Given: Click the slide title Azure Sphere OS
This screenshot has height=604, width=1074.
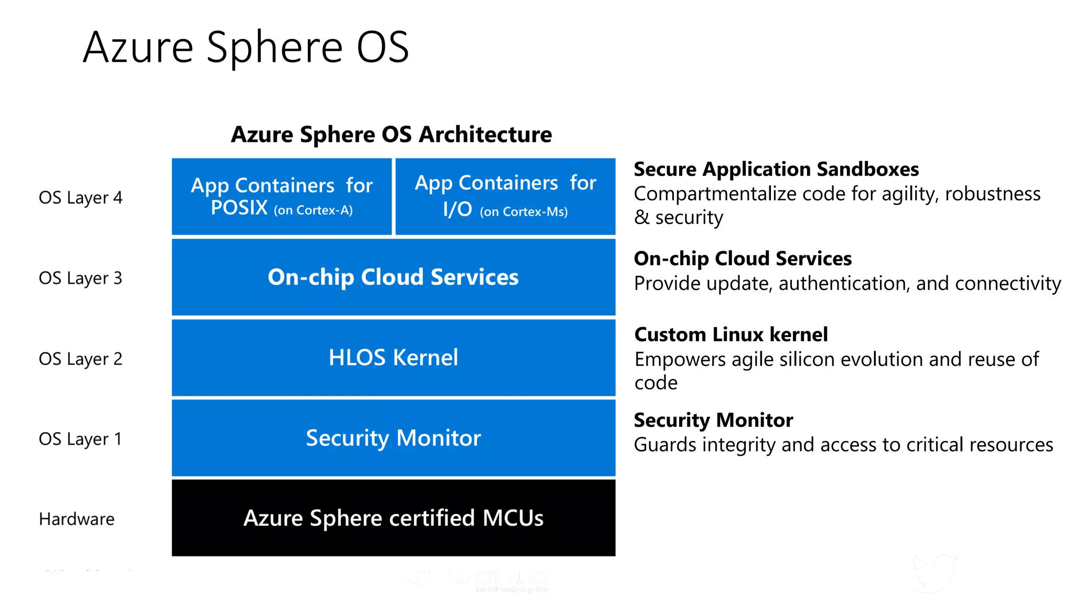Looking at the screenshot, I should [x=245, y=47].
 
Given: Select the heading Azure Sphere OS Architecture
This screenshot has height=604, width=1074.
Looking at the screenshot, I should [x=391, y=134].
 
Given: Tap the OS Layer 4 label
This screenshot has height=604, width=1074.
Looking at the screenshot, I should [x=80, y=198].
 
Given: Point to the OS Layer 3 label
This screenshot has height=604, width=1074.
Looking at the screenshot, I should [x=80, y=278].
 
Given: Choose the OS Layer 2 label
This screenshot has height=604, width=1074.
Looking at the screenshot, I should [x=80, y=359].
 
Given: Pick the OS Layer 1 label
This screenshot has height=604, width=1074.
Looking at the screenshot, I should [x=80, y=439].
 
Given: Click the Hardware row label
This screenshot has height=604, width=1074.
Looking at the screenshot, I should [x=77, y=519].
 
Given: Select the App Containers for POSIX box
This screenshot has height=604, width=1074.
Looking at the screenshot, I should [x=282, y=196].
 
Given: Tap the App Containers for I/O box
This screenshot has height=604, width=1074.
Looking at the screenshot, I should [x=505, y=196].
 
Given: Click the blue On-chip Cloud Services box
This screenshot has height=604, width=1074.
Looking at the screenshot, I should [x=393, y=277].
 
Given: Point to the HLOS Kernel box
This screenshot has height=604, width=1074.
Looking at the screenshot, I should [x=393, y=358].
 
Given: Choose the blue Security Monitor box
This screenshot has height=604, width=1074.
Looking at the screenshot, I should [x=393, y=438].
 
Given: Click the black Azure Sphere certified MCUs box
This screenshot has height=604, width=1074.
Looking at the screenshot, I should [x=393, y=518].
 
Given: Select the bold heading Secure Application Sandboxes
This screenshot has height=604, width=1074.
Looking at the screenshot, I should [x=776, y=169].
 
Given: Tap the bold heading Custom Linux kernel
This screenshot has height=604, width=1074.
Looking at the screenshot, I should [x=731, y=335].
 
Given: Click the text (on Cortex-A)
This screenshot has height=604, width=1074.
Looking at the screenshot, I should [x=313, y=210].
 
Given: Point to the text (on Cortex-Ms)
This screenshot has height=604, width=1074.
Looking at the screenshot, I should [x=523, y=212].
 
